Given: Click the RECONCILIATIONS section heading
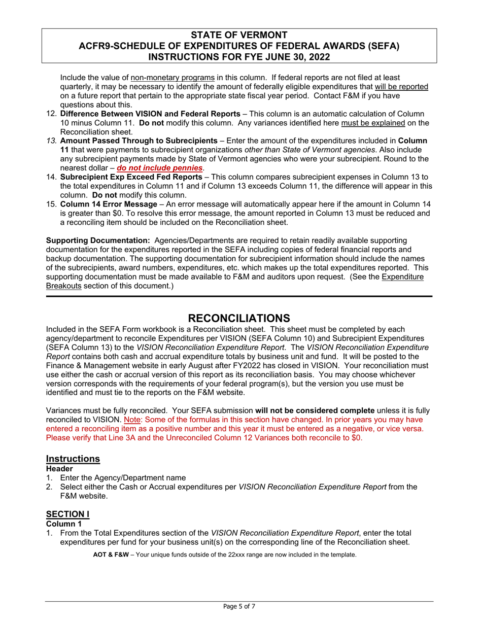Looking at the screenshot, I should tap(239, 318).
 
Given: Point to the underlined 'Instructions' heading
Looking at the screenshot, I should tap(73, 459).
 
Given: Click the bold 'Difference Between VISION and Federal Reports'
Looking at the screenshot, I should tap(150, 114).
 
